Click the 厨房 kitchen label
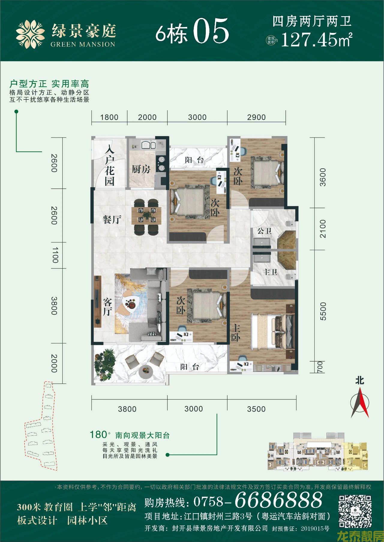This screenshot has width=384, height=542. coord(141,169)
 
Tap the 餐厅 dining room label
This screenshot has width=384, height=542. coord(112,219)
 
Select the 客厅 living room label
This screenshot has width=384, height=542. coord(107,307)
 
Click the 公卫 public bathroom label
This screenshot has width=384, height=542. coord(264,231)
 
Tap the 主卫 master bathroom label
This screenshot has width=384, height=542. coord(270,272)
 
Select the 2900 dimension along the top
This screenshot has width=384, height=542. coord(256,117)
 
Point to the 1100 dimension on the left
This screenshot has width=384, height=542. coord(55,255)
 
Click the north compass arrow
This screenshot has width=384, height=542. coord(360,401)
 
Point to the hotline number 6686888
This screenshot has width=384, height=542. coord(278,500)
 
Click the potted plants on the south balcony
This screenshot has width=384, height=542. coord(104,362)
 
